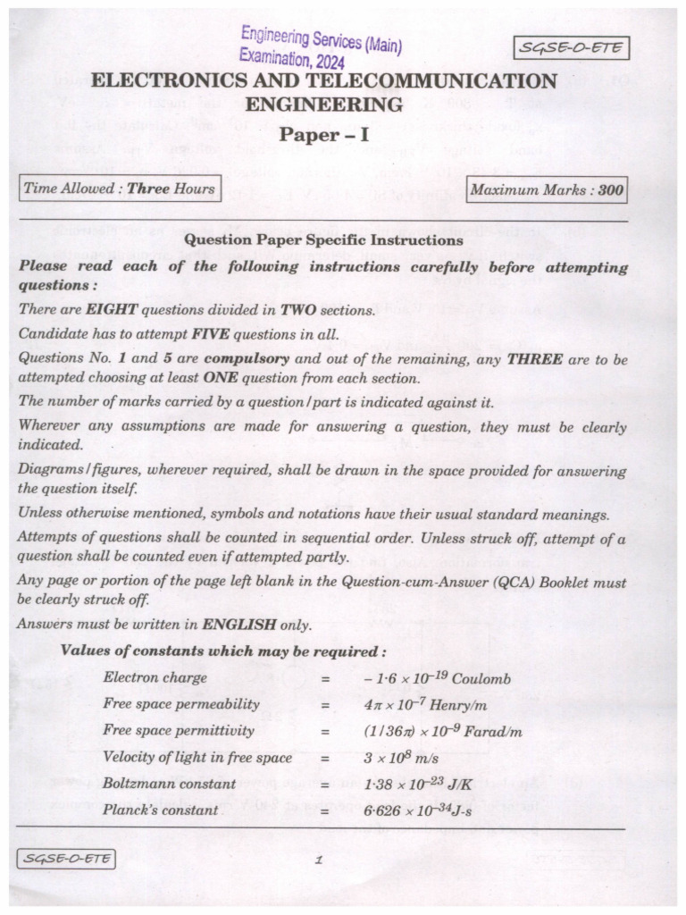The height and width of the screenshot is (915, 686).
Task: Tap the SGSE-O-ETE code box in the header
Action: pyautogui.click(x=572, y=48)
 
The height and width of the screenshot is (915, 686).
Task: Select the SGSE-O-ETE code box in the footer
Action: pyautogui.click(x=65, y=860)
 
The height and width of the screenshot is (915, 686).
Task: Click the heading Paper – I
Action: pyautogui.click(x=323, y=136)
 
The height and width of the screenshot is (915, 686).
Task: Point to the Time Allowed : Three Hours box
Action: pyautogui.click(x=119, y=189)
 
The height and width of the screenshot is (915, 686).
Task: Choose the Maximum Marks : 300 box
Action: pyautogui.click(x=547, y=189)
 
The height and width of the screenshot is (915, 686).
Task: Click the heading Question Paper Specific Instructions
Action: pyautogui.click(x=323, y=240)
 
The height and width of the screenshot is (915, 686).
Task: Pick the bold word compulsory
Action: pyautogui.click(x=246, y=360)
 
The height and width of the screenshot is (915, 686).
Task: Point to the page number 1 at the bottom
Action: pyautogui.click(x=318, y=861)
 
